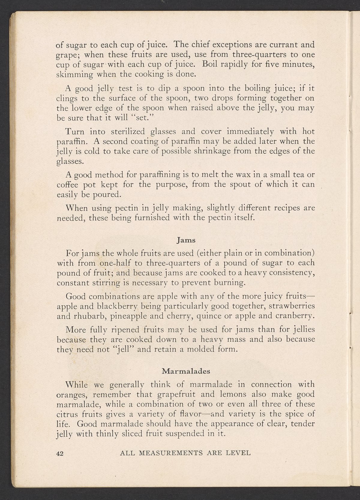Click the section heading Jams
(x=186, y=240)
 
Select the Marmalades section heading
(x=186, y=371)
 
